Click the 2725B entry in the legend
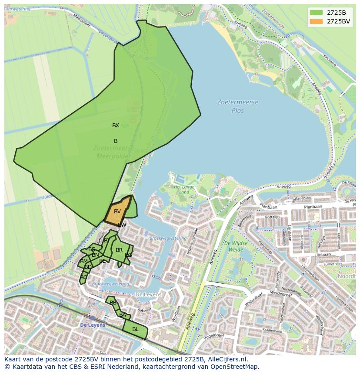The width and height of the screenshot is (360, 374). pos(336,13)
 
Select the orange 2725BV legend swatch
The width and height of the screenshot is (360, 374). pos(317,21)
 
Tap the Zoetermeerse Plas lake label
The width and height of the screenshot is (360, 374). pos(238,106)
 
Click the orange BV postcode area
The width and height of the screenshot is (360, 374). pos(117,212)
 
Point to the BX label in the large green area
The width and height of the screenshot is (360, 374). pos(116,126)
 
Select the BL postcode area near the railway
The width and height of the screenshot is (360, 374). pos(135,329)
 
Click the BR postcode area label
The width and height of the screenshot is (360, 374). pos(119,250)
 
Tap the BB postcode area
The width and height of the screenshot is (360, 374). pos(113,303)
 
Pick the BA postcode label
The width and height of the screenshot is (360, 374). pos(123,315)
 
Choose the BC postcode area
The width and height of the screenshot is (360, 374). pos(83,277)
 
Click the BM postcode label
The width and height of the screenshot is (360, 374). pos(84,261)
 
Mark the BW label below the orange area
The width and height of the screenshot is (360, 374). pos(122,225)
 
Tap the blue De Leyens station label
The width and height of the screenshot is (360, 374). pos(93,325)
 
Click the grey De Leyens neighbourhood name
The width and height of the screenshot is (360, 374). pos(148,295)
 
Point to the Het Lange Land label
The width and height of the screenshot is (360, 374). pos(184,189)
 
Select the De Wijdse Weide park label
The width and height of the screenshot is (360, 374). pos(236,246)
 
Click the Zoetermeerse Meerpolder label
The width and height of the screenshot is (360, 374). pos(113,152)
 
